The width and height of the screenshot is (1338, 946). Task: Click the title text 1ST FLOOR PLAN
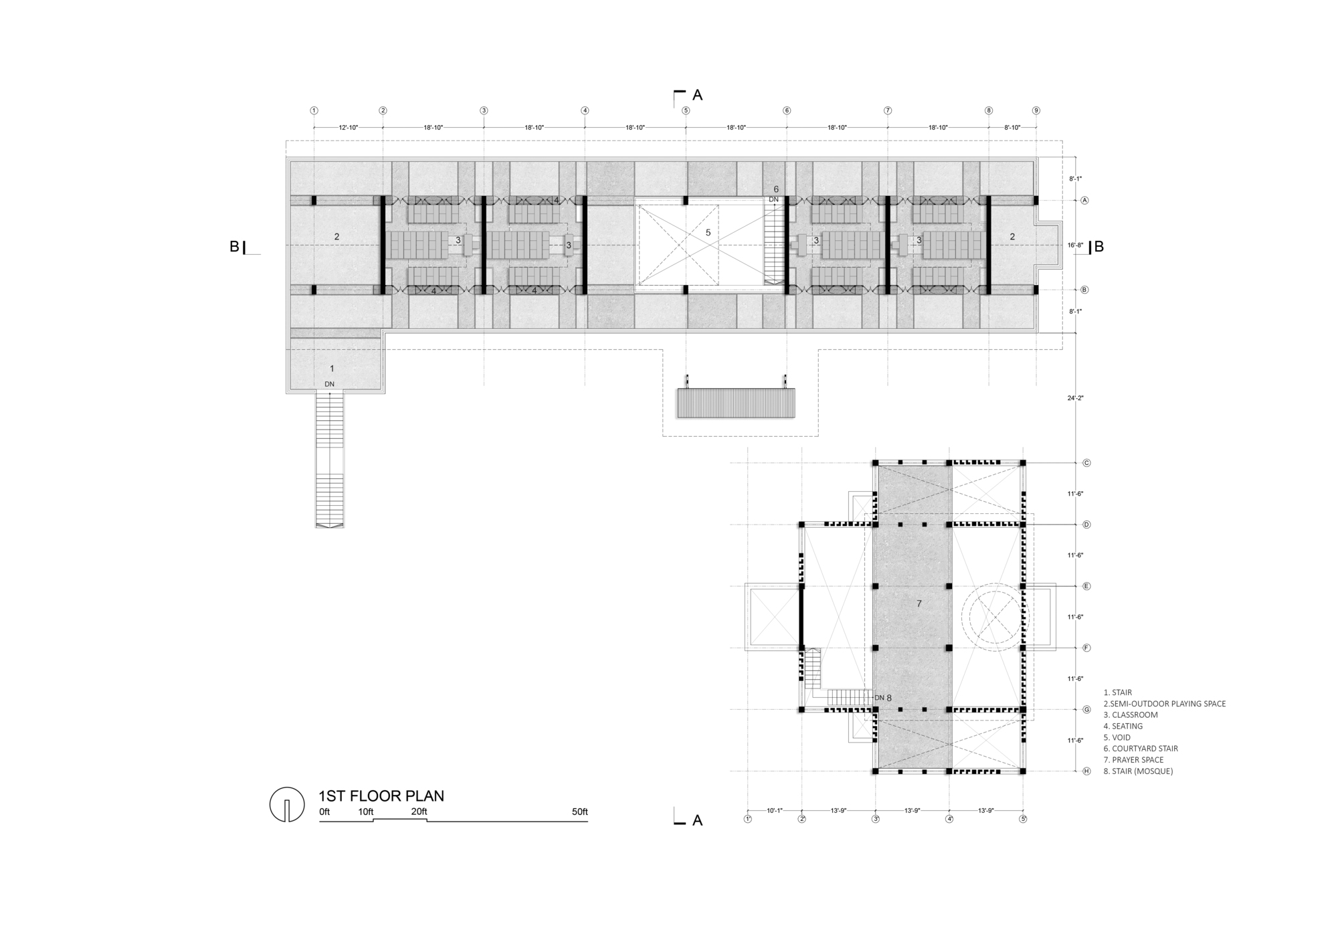click(381, 795)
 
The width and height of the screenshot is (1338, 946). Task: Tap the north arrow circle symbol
click(286, 804)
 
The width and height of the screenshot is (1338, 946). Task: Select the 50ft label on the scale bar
click(579, 812)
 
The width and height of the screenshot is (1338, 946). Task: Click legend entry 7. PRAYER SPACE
click(1137, 759)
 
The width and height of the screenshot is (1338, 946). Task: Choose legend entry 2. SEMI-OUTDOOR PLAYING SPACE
click(1164, 704)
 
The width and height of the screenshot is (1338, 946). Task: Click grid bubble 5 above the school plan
click(686, 110)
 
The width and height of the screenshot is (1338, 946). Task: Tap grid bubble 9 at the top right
click(1036, 110)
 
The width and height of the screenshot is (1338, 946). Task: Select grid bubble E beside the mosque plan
click(1086, 586)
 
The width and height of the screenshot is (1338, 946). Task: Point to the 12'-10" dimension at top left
click(349, 127)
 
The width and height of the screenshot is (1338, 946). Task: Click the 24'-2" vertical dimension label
click(1075, 398)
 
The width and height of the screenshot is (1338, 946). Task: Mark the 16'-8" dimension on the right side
click(1075, 246)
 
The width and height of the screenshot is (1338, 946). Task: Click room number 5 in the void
click(708, 232)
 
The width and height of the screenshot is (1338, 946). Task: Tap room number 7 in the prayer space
click(919, 603)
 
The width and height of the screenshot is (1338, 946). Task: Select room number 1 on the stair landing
click(332, 369)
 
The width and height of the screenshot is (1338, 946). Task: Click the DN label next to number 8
click(879, 698)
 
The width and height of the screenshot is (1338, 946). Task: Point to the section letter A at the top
click(697, 95)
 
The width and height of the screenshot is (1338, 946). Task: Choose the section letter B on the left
click(234, 246)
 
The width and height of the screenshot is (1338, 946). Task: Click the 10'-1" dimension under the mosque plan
click(774, 810)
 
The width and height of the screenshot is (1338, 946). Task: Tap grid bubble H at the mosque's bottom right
click(1086, 771)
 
